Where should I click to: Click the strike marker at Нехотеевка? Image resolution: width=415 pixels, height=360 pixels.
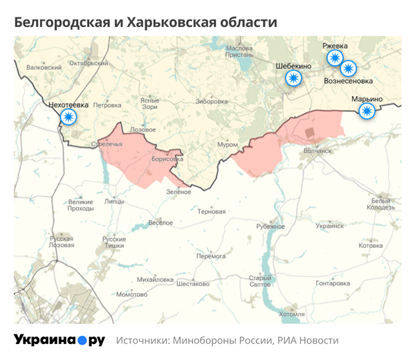tap(68, 117)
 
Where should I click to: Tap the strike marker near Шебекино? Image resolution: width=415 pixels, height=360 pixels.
tap(294, 78)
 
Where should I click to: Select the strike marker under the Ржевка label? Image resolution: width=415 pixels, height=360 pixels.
tap(335, 58)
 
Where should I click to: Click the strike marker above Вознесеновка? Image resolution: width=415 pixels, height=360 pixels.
tap(348, 68)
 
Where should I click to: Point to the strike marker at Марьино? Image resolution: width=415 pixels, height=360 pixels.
tap(367, 111)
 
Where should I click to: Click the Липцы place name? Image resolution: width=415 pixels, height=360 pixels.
tap(113, 201)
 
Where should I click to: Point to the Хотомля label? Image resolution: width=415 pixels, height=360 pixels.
tap(291, 314)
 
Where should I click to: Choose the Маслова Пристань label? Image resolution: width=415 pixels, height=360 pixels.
tap(239, 53)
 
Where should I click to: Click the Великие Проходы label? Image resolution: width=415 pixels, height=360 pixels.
tap(80, 205)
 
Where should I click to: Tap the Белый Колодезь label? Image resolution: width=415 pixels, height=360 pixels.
tap(380, 204)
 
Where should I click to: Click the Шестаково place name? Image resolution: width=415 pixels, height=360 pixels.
tap(193, 284)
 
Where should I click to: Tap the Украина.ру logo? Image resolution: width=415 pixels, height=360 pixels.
tap(59, 341)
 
